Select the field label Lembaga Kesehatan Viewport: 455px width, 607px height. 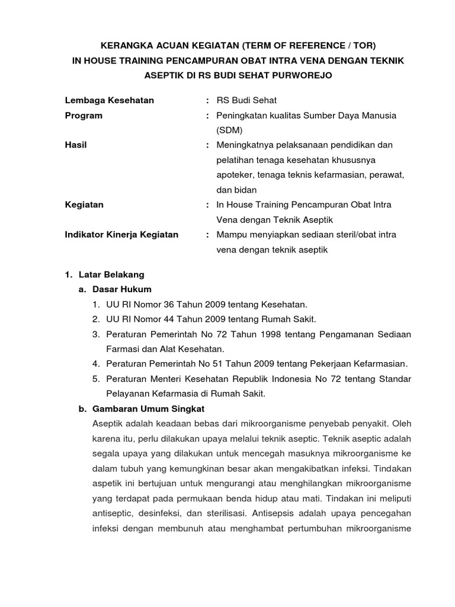(109, 100)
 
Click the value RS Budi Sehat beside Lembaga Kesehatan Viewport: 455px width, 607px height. (246, 100)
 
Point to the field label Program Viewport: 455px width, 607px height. (84, 116)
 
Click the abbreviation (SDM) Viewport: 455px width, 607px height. (229, 130)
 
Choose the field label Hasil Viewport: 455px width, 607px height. (76, 145)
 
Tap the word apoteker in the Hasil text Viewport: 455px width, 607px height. (235, 175)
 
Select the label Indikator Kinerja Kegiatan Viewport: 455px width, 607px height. (121, 235)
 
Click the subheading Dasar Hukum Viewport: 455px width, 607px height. (122, 289)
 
